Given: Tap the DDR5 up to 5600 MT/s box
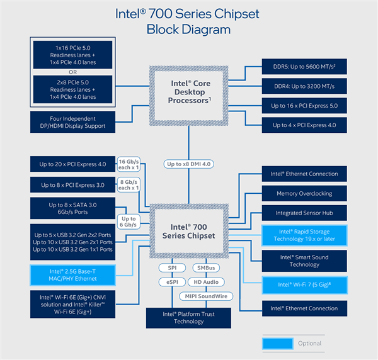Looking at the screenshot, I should (x=304, y=67).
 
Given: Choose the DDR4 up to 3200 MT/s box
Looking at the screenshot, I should (x=304, y=86).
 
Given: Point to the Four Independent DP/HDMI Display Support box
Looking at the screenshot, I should (x=72, y=122).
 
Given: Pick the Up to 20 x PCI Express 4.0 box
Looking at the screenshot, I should (x=72, y=165).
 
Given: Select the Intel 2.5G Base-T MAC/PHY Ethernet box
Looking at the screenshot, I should (x=72, y=275).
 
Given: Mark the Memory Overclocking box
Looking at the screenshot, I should (x=304, y=193).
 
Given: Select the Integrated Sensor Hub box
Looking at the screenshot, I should (x=304, y=213).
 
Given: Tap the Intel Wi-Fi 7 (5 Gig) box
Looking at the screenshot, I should (x=304, y=284).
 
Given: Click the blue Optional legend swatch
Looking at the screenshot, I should (x=278, y=343).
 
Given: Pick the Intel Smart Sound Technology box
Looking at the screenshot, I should (x=304, y=261).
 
